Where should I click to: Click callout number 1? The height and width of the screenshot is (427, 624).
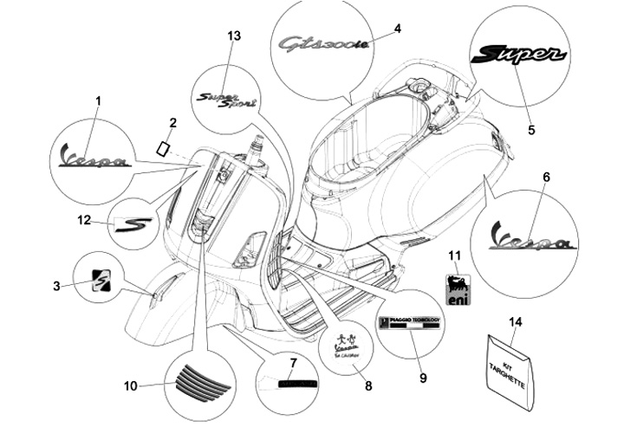[98, 101]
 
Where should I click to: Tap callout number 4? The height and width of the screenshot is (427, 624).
[398, 29]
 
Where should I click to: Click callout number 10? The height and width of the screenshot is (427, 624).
[131, 385]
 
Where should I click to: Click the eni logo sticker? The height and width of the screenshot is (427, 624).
[458, 289]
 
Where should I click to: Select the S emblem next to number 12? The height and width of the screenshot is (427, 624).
[133, 224]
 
